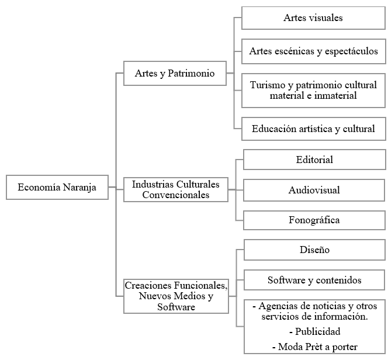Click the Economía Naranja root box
click(x=57, y=188)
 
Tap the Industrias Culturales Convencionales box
click(x=175, y=189)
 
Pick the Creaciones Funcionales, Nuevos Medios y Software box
click(x=175, y=296)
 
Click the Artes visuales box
click(x=313, y=18)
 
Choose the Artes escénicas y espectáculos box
click(x=313, y=51)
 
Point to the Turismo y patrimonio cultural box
click(x=313, y=90)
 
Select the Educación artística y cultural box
click(x=313, y=129)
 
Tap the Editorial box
click(x=314, y=160)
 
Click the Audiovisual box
click(x=314, y=190)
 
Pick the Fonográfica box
click(x=314, y=220)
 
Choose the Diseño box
click(x=314, y=250)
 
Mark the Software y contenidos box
click(x=314, y=280)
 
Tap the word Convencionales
click(x=175, y=195)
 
